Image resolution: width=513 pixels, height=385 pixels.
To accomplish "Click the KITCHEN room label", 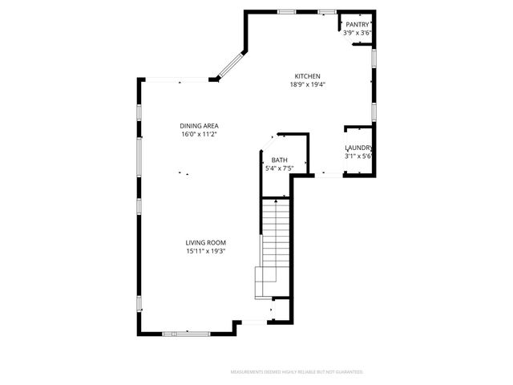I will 307,75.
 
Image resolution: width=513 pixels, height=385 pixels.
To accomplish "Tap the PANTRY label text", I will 357,25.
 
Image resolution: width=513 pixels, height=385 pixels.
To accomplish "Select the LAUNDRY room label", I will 357,148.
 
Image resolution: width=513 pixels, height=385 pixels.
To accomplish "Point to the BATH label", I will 279,160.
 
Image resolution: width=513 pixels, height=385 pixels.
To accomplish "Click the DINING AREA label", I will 200,125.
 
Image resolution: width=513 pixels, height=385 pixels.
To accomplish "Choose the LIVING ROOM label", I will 206,242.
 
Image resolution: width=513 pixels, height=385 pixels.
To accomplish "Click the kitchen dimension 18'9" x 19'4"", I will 307,84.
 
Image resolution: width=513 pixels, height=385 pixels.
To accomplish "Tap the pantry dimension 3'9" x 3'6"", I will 357,34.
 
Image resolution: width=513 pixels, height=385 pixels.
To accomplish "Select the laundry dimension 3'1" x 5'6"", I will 357,156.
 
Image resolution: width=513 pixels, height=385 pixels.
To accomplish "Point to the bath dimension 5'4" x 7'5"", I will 279,168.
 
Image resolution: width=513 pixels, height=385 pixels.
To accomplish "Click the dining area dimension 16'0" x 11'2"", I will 200,134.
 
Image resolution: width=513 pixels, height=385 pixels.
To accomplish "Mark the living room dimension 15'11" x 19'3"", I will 206,251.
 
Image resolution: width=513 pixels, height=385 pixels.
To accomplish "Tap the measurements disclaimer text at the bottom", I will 297,372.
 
